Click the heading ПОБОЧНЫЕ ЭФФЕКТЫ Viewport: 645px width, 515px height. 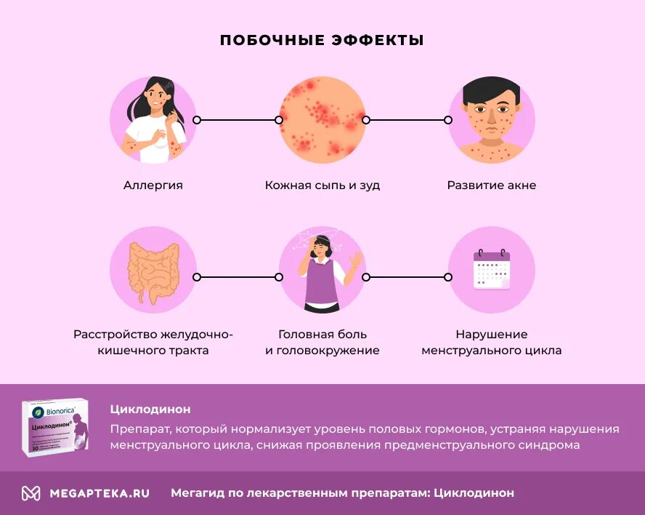pos(322,40)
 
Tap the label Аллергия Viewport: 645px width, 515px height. pos(153,185)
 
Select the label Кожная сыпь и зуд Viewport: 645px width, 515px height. pos(322,185)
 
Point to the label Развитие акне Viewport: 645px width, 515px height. pos(492,185)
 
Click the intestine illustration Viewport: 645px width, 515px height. pos(153,271)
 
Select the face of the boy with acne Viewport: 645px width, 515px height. pos(492,116)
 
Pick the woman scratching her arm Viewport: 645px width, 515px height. pos(153,120)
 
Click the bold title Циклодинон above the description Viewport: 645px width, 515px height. pos(150,410)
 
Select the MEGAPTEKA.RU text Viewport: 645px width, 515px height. pos(100,493)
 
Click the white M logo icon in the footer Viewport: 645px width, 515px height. pos(31,493)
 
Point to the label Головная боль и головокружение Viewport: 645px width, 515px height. pos(322,343)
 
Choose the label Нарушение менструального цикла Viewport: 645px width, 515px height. pos(492,343)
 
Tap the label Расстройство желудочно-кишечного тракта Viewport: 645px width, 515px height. pos(153,343)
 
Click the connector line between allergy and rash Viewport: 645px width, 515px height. pos(238,120)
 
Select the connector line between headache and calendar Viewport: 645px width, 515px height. pos(407,277)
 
